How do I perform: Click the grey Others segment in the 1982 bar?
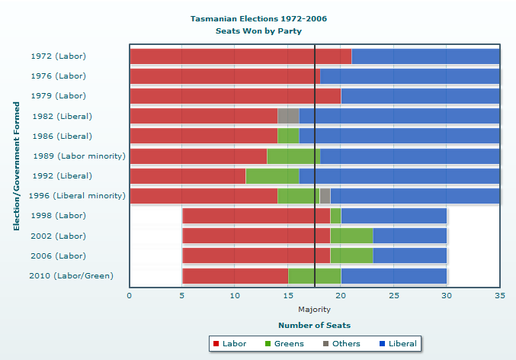pos(288,116)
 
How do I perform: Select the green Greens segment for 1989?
pos(293,156)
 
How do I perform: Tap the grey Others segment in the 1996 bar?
pos(325,196)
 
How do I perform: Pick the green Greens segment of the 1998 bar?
pos(335,216)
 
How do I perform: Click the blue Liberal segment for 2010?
pos(393,275)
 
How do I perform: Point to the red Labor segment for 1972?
pos(241,56)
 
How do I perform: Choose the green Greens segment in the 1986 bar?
pos(288,136)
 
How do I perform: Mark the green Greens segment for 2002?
pos(351,236)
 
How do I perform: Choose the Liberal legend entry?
pos(397,344)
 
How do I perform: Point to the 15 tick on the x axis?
pos(288,294)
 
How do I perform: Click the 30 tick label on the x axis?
pos(447,294)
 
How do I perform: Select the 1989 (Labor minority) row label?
pos(79,156)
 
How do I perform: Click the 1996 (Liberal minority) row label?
pos(76,196)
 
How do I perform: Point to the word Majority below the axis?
pos(314,309)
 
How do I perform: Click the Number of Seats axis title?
pos(314,325)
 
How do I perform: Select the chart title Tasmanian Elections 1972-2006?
pos(259,18)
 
